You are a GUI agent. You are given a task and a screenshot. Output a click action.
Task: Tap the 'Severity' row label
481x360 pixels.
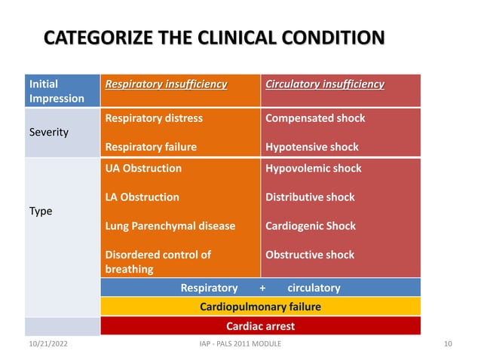pos(48,133)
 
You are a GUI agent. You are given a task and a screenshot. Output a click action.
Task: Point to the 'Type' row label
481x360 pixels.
pos(41,212)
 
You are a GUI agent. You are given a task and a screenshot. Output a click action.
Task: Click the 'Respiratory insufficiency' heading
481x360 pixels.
pos(166,84)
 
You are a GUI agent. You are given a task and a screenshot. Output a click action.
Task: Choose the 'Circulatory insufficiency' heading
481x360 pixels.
pos(325,84)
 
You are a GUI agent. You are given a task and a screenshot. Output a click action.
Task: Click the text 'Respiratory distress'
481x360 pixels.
pos(154,118)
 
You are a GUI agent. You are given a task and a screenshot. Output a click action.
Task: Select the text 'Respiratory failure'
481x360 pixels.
pos(151,148)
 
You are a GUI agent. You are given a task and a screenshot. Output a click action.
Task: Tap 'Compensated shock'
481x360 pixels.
pos(315,118)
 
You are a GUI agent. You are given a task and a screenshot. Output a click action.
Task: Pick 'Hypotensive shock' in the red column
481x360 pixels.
pos(312,148)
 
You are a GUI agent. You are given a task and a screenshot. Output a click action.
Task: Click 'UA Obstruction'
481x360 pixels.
pos(143,169)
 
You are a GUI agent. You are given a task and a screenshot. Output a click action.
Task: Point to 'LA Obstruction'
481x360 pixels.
pos(142,197)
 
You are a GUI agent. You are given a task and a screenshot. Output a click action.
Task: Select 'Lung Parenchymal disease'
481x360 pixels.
pos(170,226)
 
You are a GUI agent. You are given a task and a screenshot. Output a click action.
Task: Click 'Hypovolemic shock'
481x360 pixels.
pos(314,169)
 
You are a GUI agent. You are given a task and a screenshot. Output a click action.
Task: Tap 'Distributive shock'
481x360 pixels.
pos(310,197)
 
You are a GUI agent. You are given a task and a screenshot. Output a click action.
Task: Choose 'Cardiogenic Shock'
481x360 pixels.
pos(311,226)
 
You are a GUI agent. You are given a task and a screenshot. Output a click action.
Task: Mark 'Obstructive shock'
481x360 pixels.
pos(310,255)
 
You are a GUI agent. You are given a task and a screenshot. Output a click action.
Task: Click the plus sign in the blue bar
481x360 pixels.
pos(262,288)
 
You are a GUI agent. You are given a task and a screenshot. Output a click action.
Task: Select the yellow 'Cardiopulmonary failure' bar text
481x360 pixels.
pos(260,307)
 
